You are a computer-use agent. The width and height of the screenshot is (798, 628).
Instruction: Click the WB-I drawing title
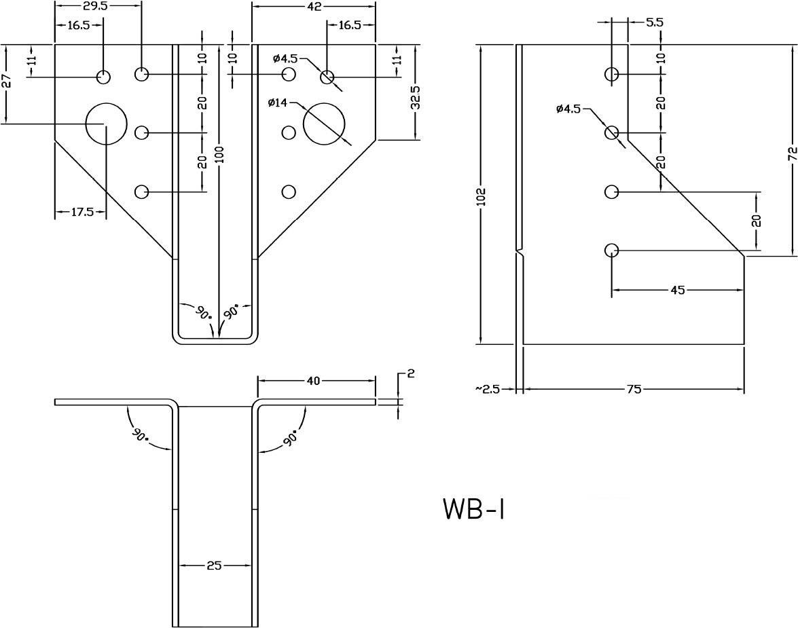coord(474,509)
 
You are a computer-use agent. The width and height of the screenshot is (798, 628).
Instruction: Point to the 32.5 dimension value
coord(415,98)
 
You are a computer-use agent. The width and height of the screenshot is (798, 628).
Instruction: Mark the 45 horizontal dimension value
coord(677,291)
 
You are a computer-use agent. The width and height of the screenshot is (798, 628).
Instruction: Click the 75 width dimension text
coord(633,389)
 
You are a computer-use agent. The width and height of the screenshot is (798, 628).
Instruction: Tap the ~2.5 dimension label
coord(488,389)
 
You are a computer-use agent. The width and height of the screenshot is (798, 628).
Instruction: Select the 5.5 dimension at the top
coord(654,22)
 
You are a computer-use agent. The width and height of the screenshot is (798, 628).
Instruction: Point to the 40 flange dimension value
coord(313,382)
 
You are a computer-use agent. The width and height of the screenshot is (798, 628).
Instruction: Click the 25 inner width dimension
coord(214,565)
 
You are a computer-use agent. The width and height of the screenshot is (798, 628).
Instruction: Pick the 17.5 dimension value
coord(81,212)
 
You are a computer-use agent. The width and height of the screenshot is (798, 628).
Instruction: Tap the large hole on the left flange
coord(106,124)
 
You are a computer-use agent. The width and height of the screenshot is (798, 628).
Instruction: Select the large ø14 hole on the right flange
coord(324,124)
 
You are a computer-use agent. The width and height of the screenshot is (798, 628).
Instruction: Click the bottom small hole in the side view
coord(611,251)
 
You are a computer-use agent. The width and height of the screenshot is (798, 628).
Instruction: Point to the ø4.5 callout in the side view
coord(568,109)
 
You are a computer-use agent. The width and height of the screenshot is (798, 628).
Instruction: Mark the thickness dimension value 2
coord(410,373)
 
